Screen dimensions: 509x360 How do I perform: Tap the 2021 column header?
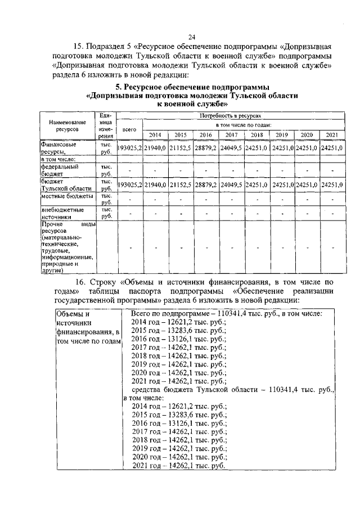click(332, 136)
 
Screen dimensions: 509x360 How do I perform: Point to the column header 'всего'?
click(130, 129)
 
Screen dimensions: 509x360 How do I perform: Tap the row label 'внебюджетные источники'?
click(62, 213)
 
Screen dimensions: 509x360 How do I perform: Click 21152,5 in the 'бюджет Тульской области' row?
click(180, 185)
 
